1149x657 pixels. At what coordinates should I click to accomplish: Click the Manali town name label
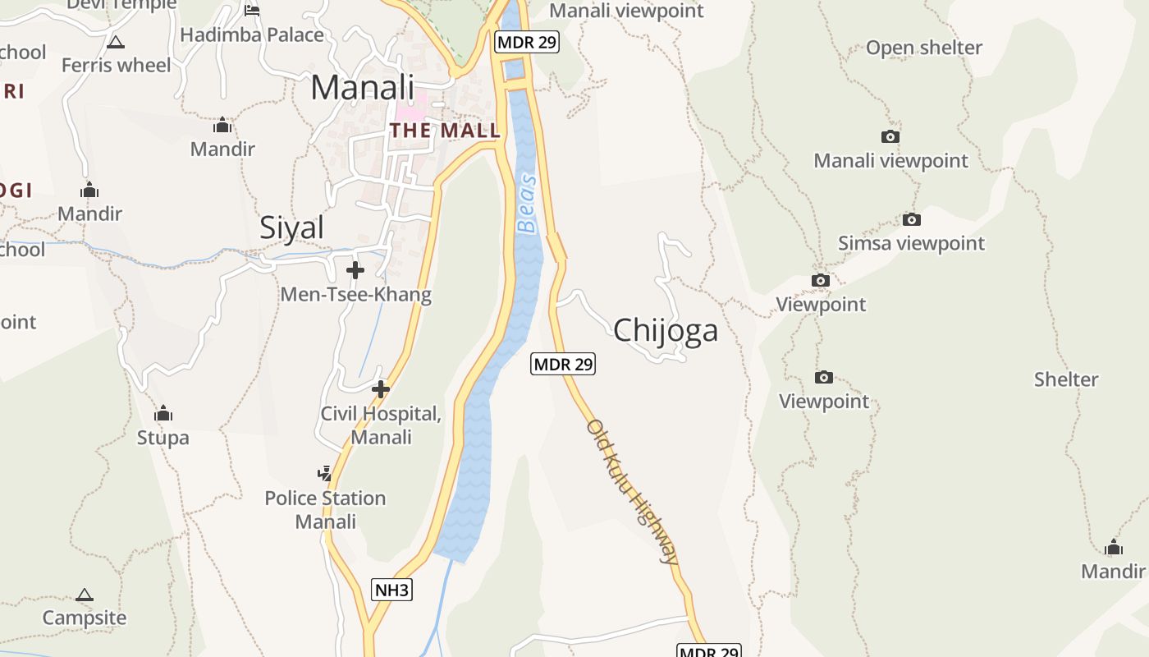[x=362, y=87]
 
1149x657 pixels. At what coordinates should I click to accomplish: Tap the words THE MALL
[x=444, y=131]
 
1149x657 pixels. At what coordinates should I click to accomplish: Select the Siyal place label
[x=291, y=227]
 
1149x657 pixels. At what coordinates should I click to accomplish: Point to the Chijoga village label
[x=665, y=330]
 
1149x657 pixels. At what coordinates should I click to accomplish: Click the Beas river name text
[x=527, y=204]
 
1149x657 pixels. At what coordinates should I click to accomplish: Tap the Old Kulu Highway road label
[x=632, y=491]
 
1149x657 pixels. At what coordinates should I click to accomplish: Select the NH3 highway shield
[x=391, y=590]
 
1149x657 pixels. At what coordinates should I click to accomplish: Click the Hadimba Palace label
[x=252, y=35]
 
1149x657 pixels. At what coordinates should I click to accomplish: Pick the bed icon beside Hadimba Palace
[x=252, y=10]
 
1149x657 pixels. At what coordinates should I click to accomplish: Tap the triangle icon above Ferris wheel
[x=116, y=42]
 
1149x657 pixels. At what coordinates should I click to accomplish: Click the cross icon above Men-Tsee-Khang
[x=355, y=270]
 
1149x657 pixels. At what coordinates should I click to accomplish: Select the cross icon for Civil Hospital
[x=380, y=389]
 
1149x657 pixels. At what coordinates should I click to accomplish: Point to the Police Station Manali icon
[x=325, y=473]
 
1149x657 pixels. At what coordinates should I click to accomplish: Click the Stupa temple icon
[x=163, y=412]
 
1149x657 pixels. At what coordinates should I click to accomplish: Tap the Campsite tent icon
[x=85, y=595]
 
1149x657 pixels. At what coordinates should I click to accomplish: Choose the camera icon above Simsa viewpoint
[x=911, y=219]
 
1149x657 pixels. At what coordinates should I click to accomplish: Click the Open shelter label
[x=923, y=48]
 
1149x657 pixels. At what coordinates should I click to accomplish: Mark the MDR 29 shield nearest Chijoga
[x=562, y=364]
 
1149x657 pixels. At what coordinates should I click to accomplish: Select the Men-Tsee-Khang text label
[x=355, y=294]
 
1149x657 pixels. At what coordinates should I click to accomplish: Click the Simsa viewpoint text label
[x=911, y=243]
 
